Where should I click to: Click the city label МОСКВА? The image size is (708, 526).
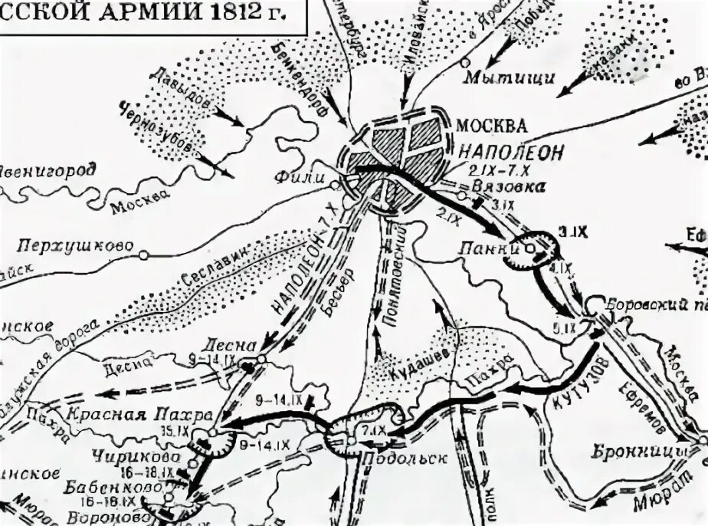coord(491,125)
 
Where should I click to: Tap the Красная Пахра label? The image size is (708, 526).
coord(137,416)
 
